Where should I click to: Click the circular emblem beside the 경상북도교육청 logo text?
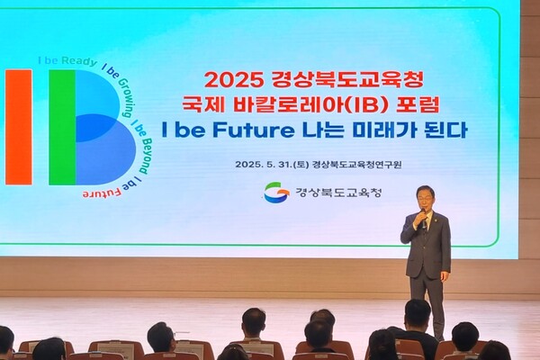275,193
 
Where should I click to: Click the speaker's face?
425,197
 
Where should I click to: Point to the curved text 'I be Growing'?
122,87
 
